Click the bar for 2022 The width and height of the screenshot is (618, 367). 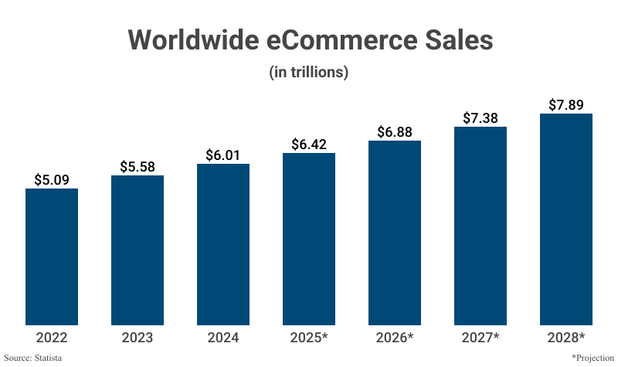(52, 257)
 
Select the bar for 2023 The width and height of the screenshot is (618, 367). (138, 250)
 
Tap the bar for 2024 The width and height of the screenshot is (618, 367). (223, 244)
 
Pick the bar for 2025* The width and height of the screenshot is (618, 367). (309, 239)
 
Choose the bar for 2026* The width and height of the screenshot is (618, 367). (395, 233)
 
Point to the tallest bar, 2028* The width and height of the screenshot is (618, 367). (566, 219)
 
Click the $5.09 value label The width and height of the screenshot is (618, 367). (52, 179)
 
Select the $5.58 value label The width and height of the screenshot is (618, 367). (138, 166)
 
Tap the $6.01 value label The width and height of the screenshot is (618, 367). (223, 155)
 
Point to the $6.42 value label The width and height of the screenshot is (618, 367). (309, 144)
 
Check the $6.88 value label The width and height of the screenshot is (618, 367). (395, 131)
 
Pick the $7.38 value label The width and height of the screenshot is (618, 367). (480, 117)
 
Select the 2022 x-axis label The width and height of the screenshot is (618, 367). (52, 338)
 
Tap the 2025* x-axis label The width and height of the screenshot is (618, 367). (309, 338)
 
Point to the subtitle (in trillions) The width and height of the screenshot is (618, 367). (309, 73)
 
